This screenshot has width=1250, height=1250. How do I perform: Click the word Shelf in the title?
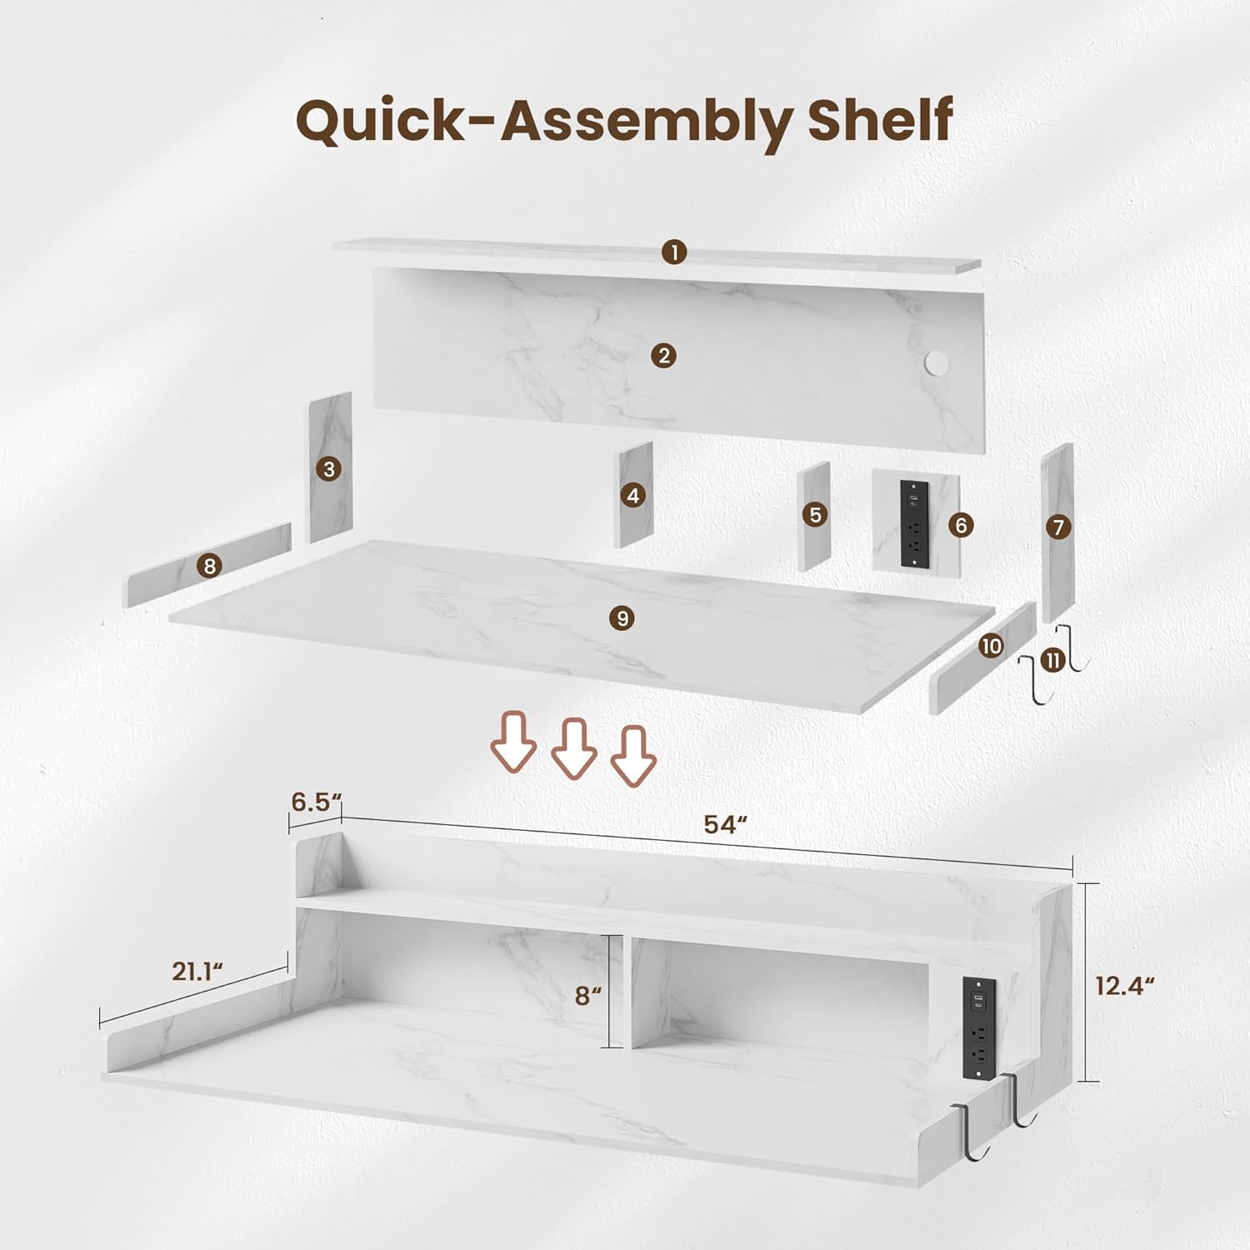[x=880, y=120]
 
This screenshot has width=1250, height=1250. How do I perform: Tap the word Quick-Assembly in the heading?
[x=544, y=123]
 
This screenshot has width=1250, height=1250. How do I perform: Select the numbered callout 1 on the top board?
[x=674, y=252]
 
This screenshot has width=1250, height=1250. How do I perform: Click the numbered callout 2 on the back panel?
[x=663, y=356]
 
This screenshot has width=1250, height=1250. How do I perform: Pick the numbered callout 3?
[x=329, y=469]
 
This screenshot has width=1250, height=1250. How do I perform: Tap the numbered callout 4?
[x=633, y=496]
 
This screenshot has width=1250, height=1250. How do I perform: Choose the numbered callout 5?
[x=816, y=515]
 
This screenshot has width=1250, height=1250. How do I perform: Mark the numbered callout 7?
[x=1058, y=527]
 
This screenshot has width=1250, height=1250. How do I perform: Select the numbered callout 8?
[x=209, y=567]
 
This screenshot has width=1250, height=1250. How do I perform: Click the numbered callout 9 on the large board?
[x=622, y=618]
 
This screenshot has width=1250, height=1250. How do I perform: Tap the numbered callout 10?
[x=992, y=646]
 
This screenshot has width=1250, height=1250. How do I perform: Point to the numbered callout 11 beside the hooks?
[x=1053, y=661]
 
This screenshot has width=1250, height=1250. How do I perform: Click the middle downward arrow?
[x=573, y=749]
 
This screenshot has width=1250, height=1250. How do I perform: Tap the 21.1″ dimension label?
[x=198, y=971]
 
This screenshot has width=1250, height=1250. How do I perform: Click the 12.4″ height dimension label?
[x=1125, y=986]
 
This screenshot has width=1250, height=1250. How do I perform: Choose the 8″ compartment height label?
[x=588, y=995]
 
